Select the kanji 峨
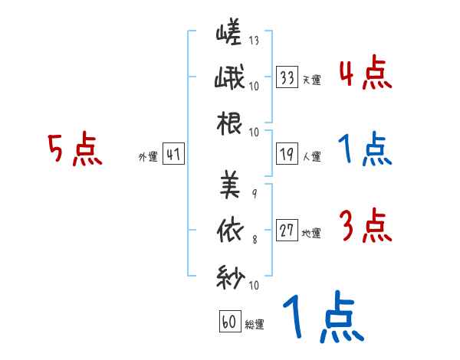click(229, 78)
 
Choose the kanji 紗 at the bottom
click(230, 277)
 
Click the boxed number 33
click(287, 77)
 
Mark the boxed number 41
click(173, 155)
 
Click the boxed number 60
click(229, 322)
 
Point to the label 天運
click(312, 80)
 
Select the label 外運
click(147, 157)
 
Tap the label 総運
click(255, 324)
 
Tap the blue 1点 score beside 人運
click(365, 150)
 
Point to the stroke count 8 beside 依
click(254, 241)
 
